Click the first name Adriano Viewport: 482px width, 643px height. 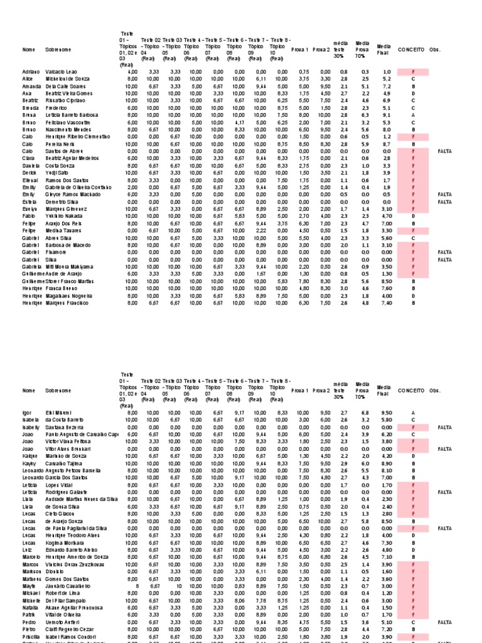pos(31,72)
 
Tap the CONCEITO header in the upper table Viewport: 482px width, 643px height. pos(411,49)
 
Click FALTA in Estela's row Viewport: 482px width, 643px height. pos(444,202)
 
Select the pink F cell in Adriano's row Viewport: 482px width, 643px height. pos(413,72)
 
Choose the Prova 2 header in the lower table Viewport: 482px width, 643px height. pos(323,391)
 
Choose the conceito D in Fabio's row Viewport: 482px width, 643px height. pos(413,215)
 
